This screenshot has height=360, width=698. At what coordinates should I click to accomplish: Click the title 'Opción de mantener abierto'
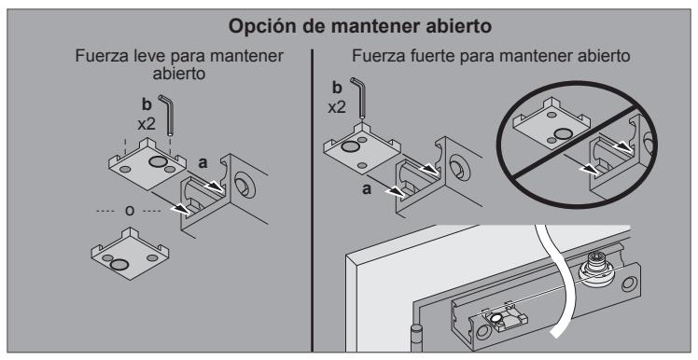(359, 27)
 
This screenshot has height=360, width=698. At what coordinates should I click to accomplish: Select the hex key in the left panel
(167, 115)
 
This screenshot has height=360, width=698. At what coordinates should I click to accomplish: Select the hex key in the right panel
(358, 97)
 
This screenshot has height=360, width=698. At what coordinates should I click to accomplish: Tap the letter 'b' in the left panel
(147, 104)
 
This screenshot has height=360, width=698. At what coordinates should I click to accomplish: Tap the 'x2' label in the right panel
(337, 107)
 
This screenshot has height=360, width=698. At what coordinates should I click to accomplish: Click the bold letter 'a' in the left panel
(203, 163)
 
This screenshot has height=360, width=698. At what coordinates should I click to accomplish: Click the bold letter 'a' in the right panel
(367, 190)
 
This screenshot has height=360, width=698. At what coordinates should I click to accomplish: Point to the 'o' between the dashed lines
(130, 211)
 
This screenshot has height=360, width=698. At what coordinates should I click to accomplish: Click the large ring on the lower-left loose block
(119, 265)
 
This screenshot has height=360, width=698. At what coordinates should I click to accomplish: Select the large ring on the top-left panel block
(157, 161)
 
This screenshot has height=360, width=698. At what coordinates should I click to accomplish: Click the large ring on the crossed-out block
(563, 133)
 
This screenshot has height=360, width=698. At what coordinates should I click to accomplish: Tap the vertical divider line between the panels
(312, 201)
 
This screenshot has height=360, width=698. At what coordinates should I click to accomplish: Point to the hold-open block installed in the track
(500, 320)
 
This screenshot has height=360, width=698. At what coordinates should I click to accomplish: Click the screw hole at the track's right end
(629, 284)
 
